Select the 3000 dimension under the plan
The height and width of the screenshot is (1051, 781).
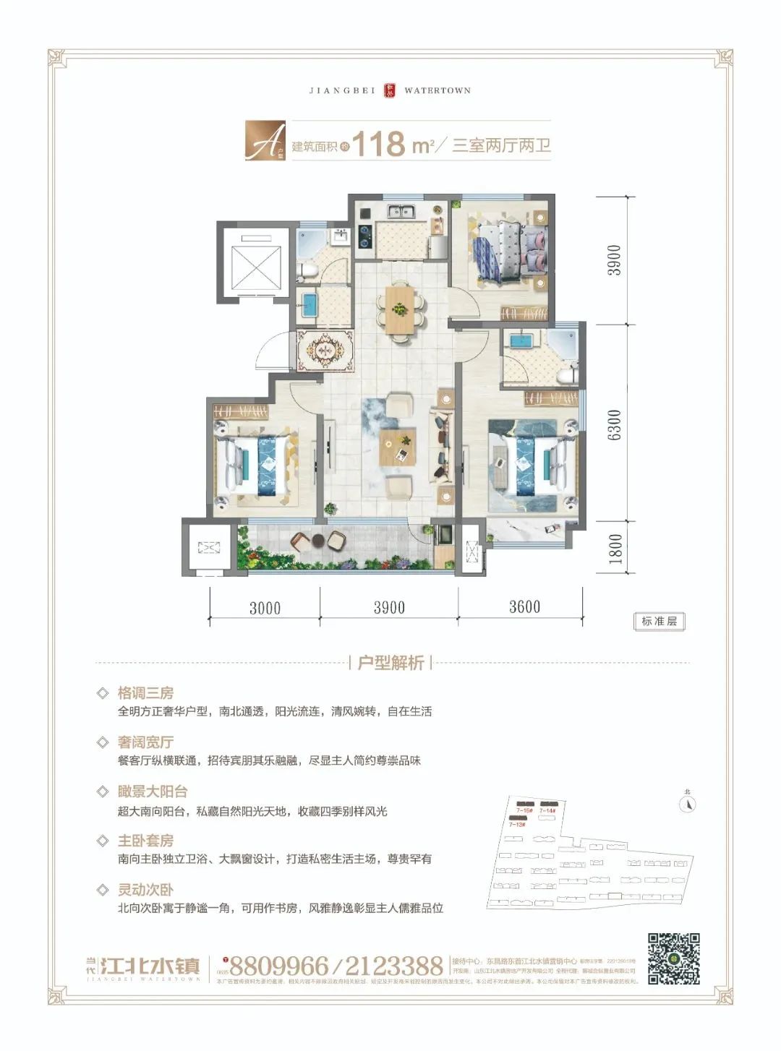(x=265, y=608)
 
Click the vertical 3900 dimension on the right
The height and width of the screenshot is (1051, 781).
(x=614, y=259)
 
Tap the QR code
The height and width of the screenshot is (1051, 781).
(x=673, y=958)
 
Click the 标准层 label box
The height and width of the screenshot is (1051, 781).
(x=659, y=621)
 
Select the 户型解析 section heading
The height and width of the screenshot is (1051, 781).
(x=390, y=663)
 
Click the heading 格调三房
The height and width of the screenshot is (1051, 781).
(x=145, y=693)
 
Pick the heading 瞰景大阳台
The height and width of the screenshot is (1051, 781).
(x=153, y=792)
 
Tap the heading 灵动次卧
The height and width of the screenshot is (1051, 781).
(x=145, y=890)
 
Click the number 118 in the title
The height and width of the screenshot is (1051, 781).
(x=378, y=143)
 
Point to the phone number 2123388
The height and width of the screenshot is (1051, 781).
(x=393, y=966)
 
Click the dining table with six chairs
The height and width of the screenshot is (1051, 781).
(x=400, y=309)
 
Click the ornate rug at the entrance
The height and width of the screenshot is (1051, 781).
(x=325, y=351)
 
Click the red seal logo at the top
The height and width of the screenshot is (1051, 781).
(x=390, y=90)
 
